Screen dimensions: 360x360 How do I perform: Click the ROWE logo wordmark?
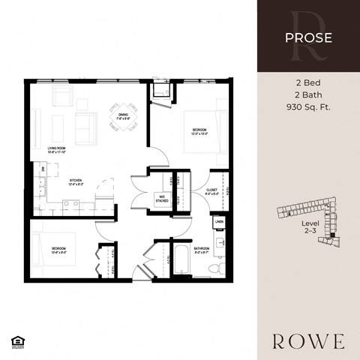[308, 342]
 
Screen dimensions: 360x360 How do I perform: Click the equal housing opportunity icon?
[16, 342]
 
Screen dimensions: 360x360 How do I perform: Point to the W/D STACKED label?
[161, 199]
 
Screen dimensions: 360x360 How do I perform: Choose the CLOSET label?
[211, 192]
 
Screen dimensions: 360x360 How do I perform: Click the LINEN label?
[219, 223]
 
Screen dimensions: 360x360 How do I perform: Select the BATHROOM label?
[201, 249]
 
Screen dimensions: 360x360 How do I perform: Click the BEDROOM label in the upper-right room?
[199, 132]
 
